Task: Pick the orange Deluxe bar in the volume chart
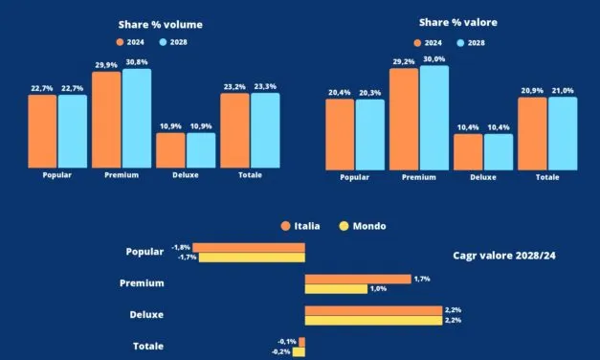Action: coord(170,150)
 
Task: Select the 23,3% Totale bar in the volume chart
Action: coord(265,130)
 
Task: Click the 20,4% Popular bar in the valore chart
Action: coord(340,135)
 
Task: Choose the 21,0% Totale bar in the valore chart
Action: coord(563,134)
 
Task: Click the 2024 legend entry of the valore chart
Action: coord(429,42)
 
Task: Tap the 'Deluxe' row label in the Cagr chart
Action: coord(146,315)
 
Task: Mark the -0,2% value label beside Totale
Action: coord(281,352)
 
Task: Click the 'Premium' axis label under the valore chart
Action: coord(419,177)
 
